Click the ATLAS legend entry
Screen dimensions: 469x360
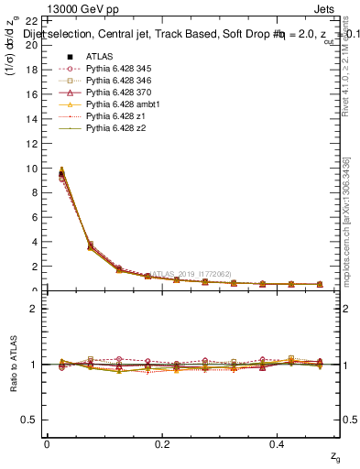[101, 57]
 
